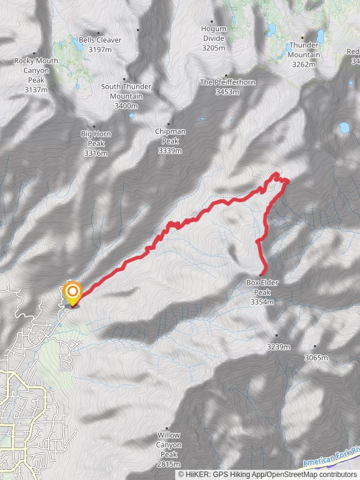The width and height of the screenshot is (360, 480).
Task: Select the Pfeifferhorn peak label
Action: click(219, 86)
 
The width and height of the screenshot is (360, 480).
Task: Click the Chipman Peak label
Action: click(170, 141)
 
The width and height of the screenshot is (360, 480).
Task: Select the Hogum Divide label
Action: click(214, 38)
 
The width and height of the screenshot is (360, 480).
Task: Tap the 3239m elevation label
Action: click(278, 347)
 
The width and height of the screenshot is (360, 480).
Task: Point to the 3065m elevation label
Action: click(316, 358)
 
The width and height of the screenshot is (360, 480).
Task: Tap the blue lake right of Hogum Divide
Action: click(271, 28)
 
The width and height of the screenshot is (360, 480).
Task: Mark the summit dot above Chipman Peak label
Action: click(169, 125)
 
